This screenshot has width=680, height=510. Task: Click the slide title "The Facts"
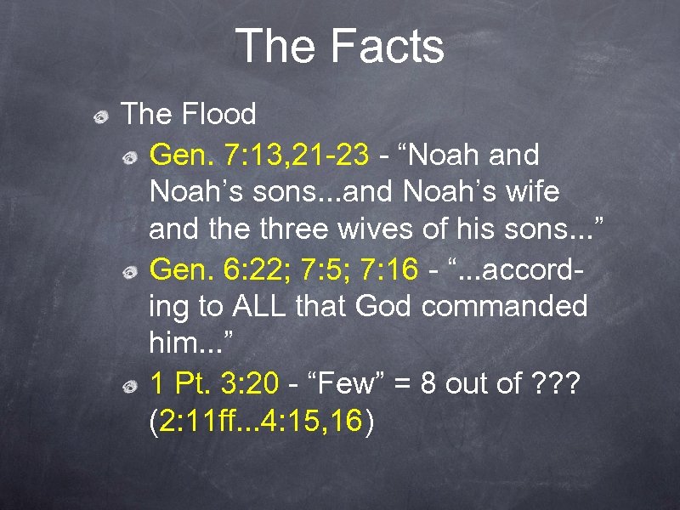340,47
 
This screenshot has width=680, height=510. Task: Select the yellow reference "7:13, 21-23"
297,155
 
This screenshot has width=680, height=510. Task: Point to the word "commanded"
505,306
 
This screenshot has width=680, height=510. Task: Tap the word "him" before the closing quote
175,344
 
